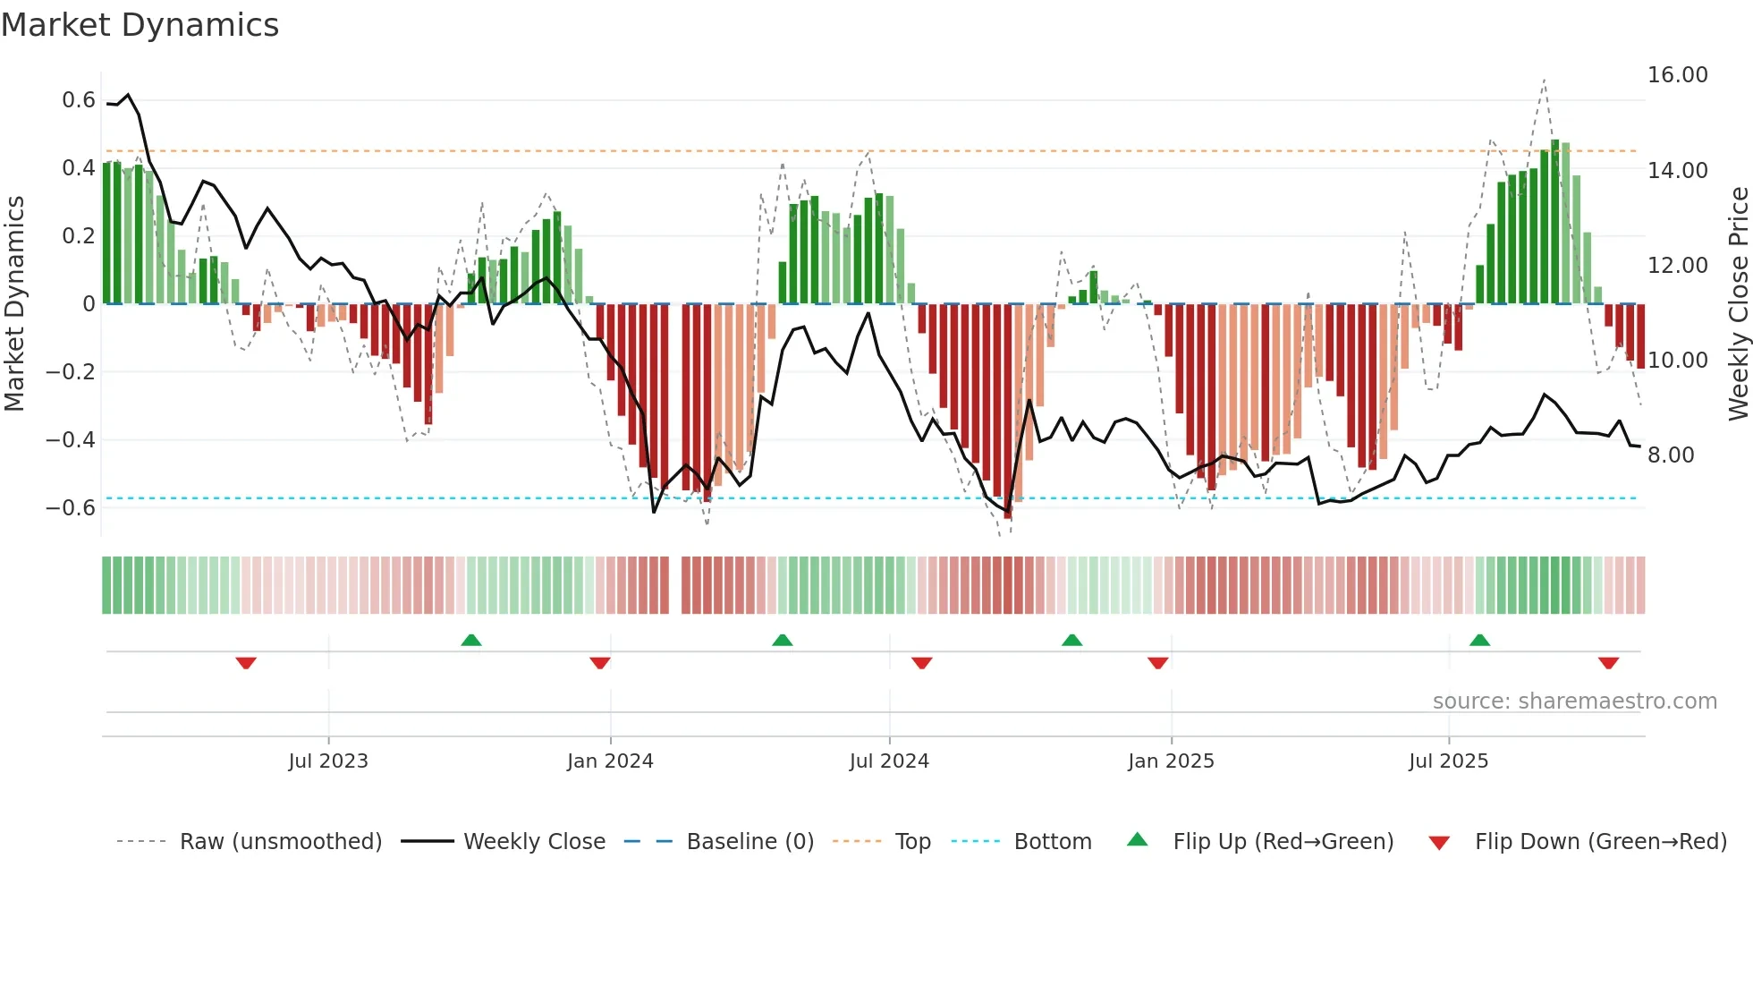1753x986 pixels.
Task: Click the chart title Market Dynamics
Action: [x=140, y=25]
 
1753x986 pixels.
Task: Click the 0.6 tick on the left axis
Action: [x=79, y=100]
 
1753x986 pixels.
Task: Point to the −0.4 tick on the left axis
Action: [x=71, y=439]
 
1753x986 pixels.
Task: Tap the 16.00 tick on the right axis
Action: [x=1677, y=75]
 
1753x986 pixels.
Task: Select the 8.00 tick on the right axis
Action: [x=1671, y=455]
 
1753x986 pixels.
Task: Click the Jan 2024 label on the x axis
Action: [x=610, y=761]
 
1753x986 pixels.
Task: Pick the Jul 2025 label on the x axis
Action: [x=1448, y=761]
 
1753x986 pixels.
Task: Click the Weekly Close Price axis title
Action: [x=1738, y=303]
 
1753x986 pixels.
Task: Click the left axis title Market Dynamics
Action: [x=15, y=303]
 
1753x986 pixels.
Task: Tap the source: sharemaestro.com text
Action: [x=1574, y=701]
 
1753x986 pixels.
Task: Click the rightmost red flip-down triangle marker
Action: [x=1608, y=663]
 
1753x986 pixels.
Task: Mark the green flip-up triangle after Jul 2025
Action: [x=1479, y=640]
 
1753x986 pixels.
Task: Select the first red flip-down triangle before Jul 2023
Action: [x=246, y=663]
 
